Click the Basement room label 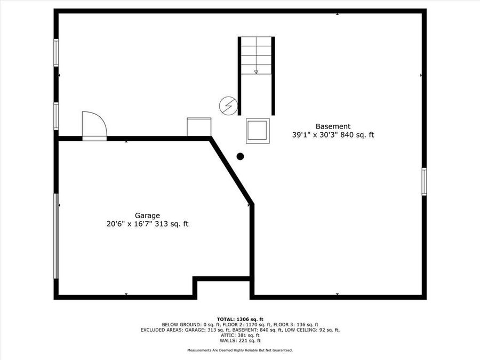coord(333,126)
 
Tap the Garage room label coord(147,215)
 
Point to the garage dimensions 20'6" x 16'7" coord(130,225)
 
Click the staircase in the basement coord(256,75)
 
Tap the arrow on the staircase coord(256,70)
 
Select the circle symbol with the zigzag coord(228,106)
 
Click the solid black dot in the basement coord(240,156)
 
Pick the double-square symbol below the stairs coord(258,131)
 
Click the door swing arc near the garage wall coord(94,125)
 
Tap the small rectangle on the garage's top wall coord(199,127)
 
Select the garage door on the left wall coord(56,236)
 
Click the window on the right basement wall coord(424,181)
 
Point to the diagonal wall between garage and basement coord(231,171)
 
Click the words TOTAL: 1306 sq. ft coord(239,318)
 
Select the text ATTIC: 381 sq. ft coord(239,335)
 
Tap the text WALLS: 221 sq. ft coord(239,340)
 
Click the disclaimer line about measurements coord(239,350)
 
